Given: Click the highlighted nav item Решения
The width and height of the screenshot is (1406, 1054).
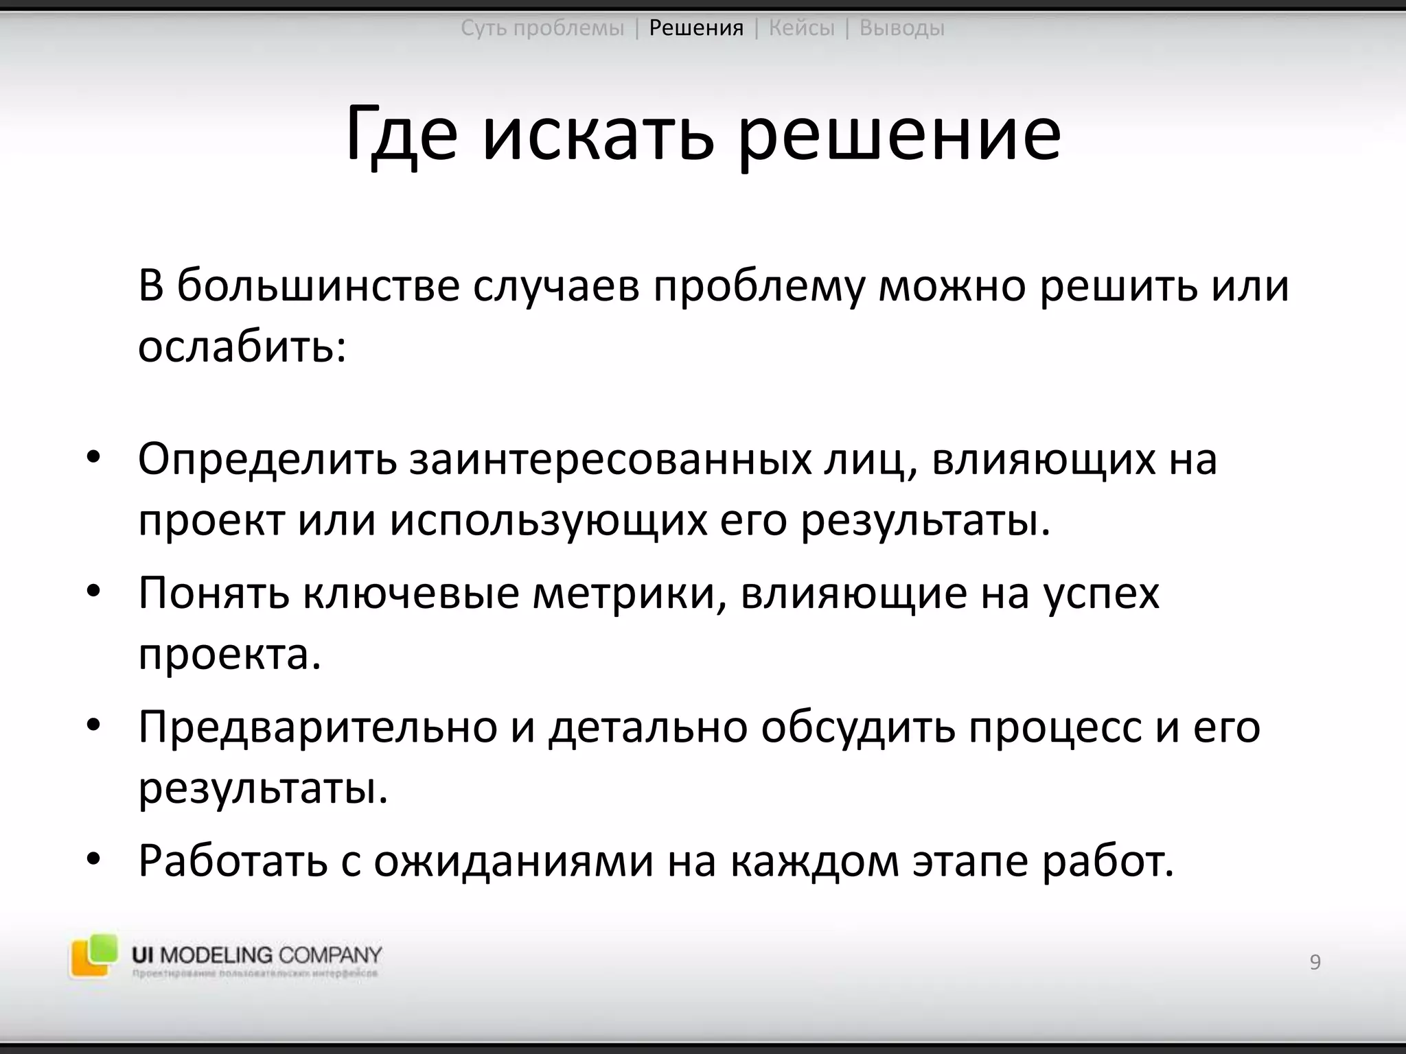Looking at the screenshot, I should (x=696, y=28).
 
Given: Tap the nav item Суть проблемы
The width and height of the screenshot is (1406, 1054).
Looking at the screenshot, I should (x=542, y=28).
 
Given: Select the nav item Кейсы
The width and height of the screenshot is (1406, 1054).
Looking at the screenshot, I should (x=801, y=28).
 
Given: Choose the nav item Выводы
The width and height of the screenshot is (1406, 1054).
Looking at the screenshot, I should (x=901, y=28).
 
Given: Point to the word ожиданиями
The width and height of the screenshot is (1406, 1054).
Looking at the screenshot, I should (x=514, y=862).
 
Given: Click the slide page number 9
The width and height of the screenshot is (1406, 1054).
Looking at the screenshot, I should (x=1315, y=962).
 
